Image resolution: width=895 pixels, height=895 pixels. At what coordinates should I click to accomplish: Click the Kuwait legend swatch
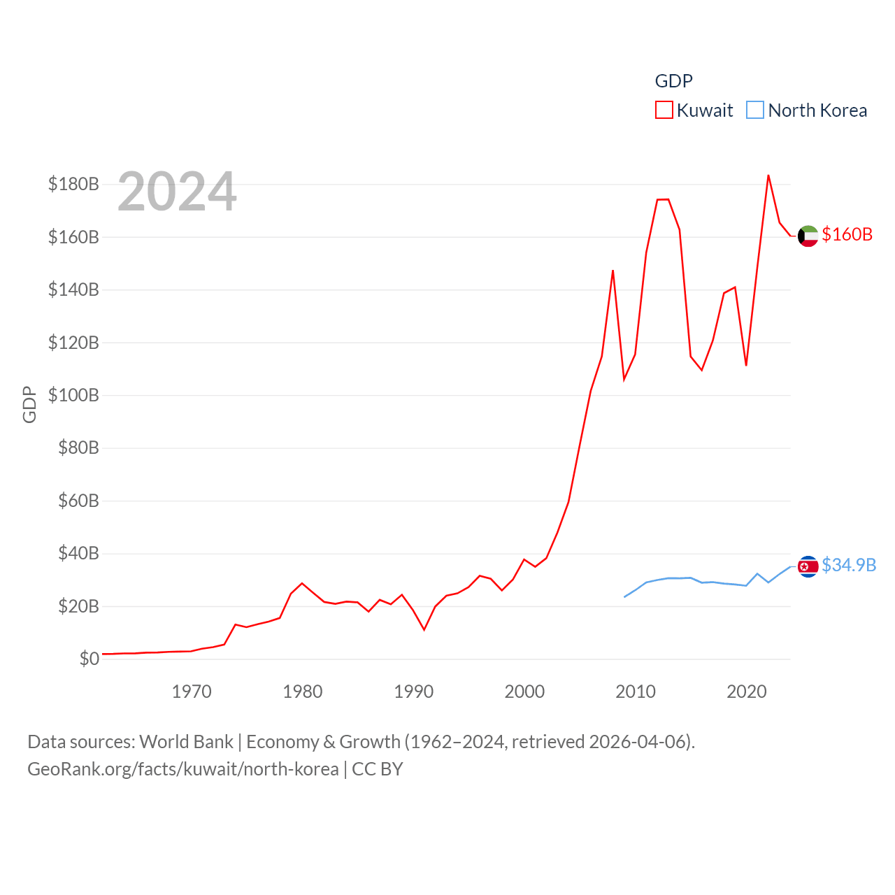(x=664, y=110)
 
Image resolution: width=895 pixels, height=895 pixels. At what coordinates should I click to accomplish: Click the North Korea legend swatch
(x=755, y=110)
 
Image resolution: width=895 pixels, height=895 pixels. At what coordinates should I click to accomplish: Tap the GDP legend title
(x=673, y=81)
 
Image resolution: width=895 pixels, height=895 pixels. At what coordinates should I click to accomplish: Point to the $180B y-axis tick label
(x=73, y=184)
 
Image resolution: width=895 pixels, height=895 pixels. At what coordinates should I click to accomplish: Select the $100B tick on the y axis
(x=73, y=395)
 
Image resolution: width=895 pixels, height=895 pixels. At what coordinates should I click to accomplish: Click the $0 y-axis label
(x=89, y=659)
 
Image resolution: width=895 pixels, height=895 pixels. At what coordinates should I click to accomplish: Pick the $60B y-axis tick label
(x=78, y=501)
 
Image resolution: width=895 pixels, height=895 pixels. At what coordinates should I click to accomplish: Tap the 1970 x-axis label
(x=192, y=692)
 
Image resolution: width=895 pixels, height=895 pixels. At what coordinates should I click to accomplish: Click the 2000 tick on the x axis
(x=524, y=692)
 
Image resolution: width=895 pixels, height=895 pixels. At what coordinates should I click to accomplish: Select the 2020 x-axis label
(x=747, y=692)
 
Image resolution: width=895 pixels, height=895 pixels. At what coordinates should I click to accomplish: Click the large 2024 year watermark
(x=177, y=192)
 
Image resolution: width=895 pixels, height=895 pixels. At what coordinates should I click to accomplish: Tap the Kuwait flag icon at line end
(x=808, y=236)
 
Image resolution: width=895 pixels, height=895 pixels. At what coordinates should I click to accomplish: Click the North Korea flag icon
(x=808, y=566)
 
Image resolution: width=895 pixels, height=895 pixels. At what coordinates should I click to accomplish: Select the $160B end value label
(x=847, y=234)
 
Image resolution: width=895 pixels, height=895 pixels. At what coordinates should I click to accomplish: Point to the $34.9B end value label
(x=849, y=565)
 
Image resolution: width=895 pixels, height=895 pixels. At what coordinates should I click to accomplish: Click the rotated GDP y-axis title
(x=29, y=404)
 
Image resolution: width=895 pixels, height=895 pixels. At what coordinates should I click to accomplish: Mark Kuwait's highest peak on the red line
(x=768, y=176)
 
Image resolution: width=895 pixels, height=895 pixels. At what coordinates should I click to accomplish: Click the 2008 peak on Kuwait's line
(x=613, y=271)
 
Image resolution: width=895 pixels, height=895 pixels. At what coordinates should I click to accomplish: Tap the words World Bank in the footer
(x=186, y=741)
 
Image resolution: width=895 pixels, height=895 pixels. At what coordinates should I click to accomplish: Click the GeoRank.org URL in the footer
(x=182, y=769)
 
